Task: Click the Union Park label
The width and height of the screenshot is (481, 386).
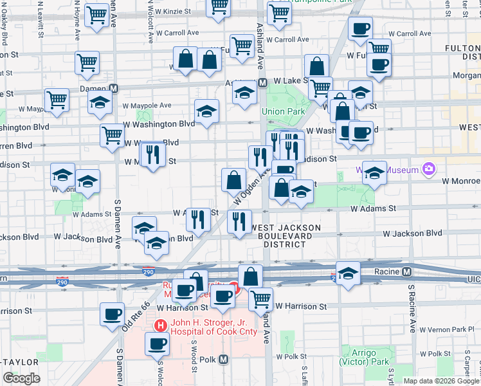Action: point(283,111)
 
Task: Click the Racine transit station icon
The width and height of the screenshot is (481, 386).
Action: point(406,271)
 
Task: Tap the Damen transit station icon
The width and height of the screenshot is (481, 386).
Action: point(114,88)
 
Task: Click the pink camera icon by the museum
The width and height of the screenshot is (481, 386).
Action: point(428,170)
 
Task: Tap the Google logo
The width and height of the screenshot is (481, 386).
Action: point(21,378)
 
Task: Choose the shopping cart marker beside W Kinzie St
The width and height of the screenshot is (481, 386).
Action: point(219,6)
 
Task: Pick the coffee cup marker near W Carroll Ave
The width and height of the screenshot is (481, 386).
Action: point(360,28)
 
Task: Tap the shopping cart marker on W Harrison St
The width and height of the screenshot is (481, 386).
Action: point(260,298)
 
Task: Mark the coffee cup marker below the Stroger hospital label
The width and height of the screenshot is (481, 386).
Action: point(156,344)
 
